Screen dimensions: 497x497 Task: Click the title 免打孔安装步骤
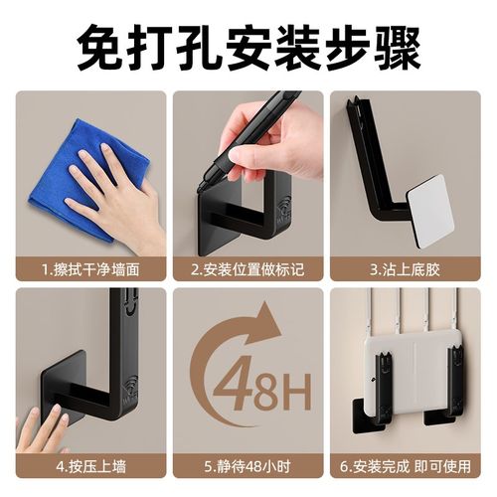coord(248,46)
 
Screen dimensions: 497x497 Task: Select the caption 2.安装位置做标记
coord(248,268)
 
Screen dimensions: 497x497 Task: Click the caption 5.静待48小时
coord(248,464)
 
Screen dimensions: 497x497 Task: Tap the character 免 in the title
coord(98,46)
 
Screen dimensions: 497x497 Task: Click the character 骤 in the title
coord(399,46)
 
